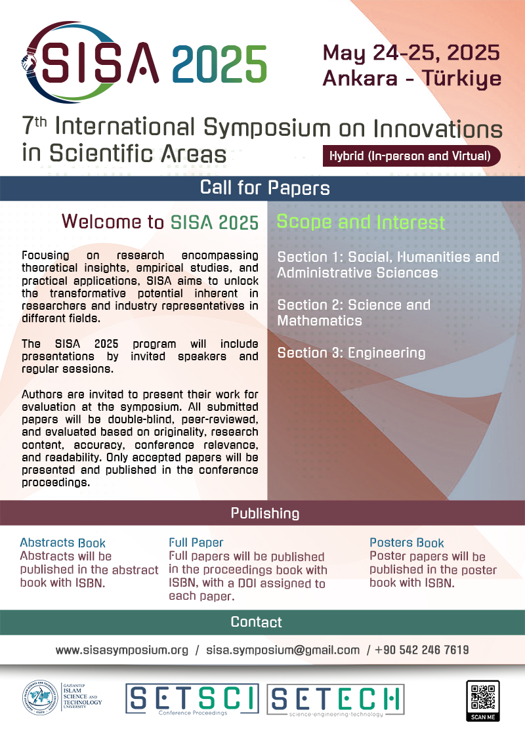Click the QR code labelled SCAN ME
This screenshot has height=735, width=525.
point(483,700)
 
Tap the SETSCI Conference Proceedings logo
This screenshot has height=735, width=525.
point(192,700)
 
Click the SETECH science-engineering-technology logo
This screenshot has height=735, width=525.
point(335,700)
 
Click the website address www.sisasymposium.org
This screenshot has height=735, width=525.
point(122,650)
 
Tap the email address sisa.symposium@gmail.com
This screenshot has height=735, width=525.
point(283,650)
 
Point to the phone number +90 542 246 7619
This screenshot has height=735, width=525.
point(422,650)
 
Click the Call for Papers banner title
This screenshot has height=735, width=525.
point(265,188)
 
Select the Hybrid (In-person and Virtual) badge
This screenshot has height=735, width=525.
point(411,156)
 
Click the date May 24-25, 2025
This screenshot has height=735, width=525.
point(411,53)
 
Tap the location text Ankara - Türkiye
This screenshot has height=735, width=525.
point(412,78)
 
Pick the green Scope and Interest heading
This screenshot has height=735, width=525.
point(360,222)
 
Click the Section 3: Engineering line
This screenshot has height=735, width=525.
point(351,353)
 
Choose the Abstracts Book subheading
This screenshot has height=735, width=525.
point(63,543)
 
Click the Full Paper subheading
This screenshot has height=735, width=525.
point(196,543)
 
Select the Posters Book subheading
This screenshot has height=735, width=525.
point(406,543)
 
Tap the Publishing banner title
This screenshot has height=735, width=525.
point(265,513)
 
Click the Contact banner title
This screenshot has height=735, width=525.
point(257,622)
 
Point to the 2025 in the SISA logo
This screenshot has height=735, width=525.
point(219,64)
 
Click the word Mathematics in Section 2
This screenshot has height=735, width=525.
point(320,321)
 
